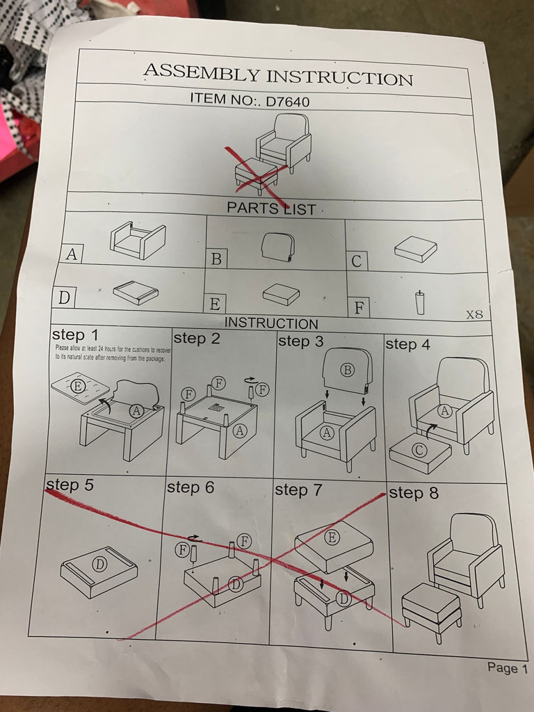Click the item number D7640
287,101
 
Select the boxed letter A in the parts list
72,254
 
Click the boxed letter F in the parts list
359,308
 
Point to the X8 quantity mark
474,314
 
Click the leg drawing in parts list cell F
420,302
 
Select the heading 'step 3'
300,341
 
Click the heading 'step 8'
414,493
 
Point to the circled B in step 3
348,370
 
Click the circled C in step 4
419,451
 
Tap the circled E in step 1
78,387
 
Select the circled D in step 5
99,565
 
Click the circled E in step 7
332,537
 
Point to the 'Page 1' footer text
507,668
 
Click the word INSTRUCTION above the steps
271,323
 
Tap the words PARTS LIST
271,209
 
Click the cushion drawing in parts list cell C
416,249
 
